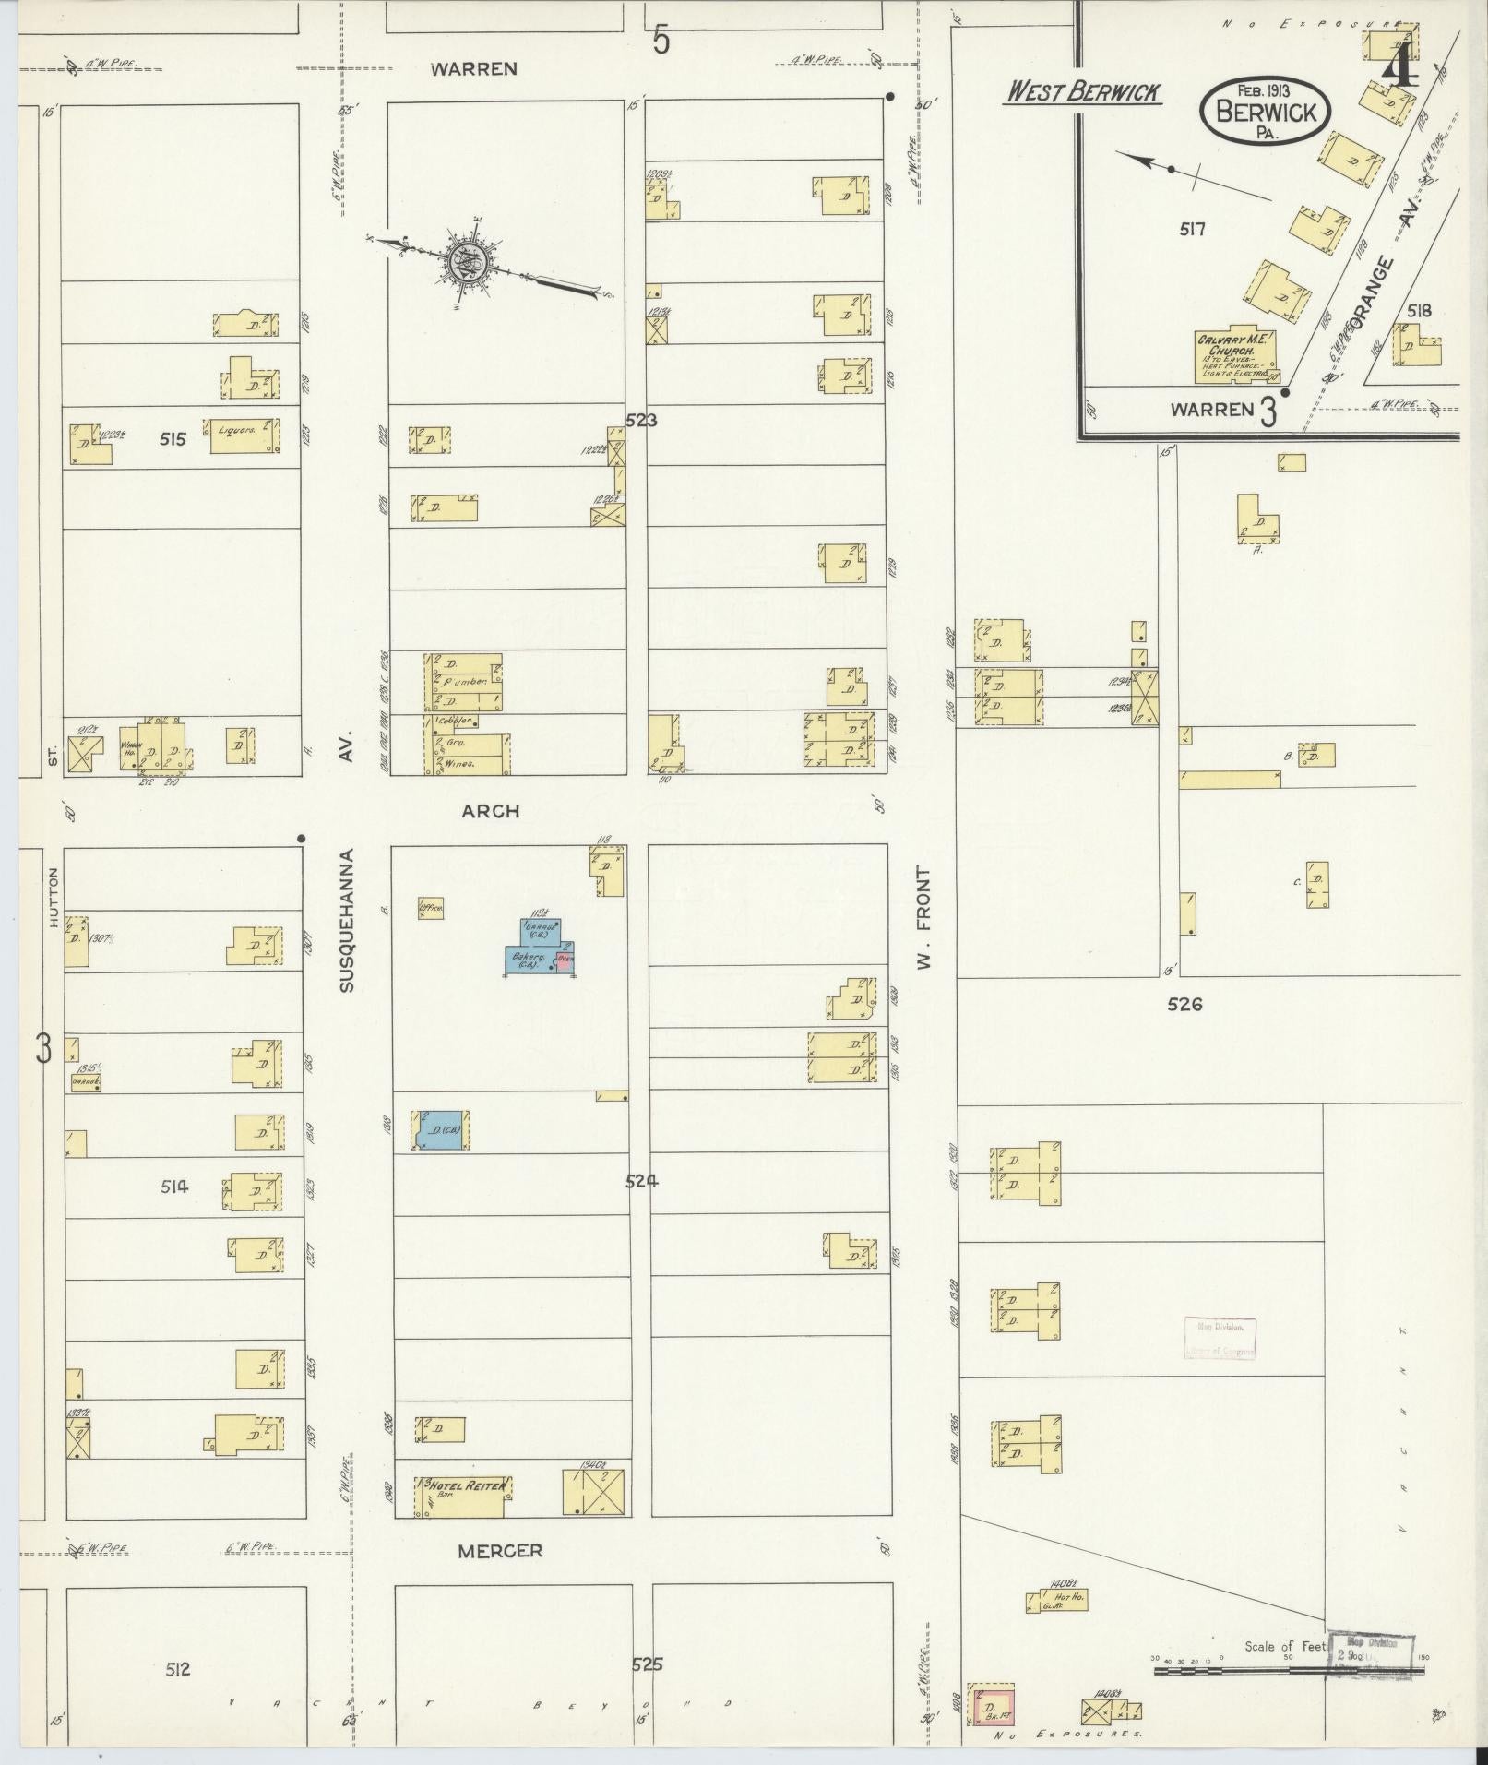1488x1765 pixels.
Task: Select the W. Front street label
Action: pos(923,918)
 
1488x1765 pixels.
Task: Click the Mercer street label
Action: pos(500,1551)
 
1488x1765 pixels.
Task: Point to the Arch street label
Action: pos(491,811)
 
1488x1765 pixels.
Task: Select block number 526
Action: pos(1184,1004)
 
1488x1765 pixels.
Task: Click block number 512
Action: pos(178,1668)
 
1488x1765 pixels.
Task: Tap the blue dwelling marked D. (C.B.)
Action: pos(441,1129)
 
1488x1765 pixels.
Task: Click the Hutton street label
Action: pos(54,897)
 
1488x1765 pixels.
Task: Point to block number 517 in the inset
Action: pos(1192,229)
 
